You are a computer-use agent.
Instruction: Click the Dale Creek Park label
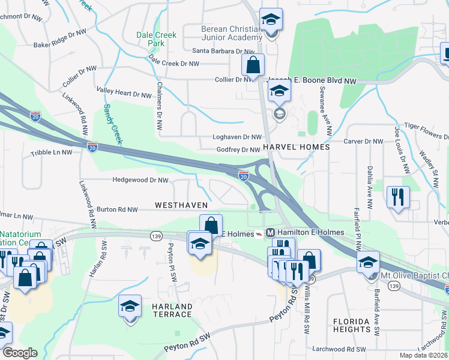[156, 39]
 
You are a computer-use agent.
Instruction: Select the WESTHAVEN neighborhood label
[181, 205]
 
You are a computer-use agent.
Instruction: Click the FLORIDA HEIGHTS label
[352, 325]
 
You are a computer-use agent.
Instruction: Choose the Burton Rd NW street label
[118, 209]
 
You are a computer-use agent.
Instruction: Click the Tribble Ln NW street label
[52, 153]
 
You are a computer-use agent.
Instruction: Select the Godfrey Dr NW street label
[238, 149]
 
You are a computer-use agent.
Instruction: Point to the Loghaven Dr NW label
[237, 137]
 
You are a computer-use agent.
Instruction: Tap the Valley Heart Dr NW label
[125, 94]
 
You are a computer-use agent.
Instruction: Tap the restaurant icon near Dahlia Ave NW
[399, 197]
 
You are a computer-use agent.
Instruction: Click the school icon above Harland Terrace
[130, 307]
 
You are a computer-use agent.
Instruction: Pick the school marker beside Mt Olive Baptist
[368, 262]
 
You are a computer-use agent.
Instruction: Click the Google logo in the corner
[20, 353]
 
